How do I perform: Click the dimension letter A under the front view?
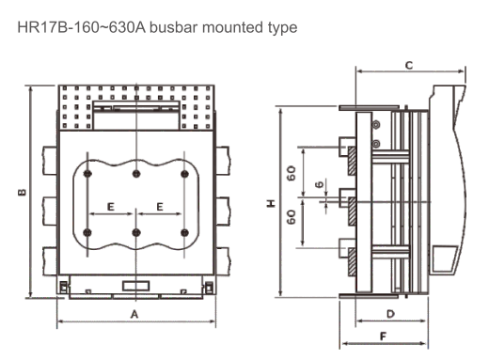coord(134,314)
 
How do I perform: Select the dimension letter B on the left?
coord(22,192)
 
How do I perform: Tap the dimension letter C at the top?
coord(409,65)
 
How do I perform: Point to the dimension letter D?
coord(390,314)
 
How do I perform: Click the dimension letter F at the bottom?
coord(383,337)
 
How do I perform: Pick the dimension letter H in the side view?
coord(271,203)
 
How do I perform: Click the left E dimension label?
coord(111,207)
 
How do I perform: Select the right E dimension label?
coord(160,207)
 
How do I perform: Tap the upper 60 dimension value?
coord(292,173)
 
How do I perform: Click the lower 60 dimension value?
coord(292,217)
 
